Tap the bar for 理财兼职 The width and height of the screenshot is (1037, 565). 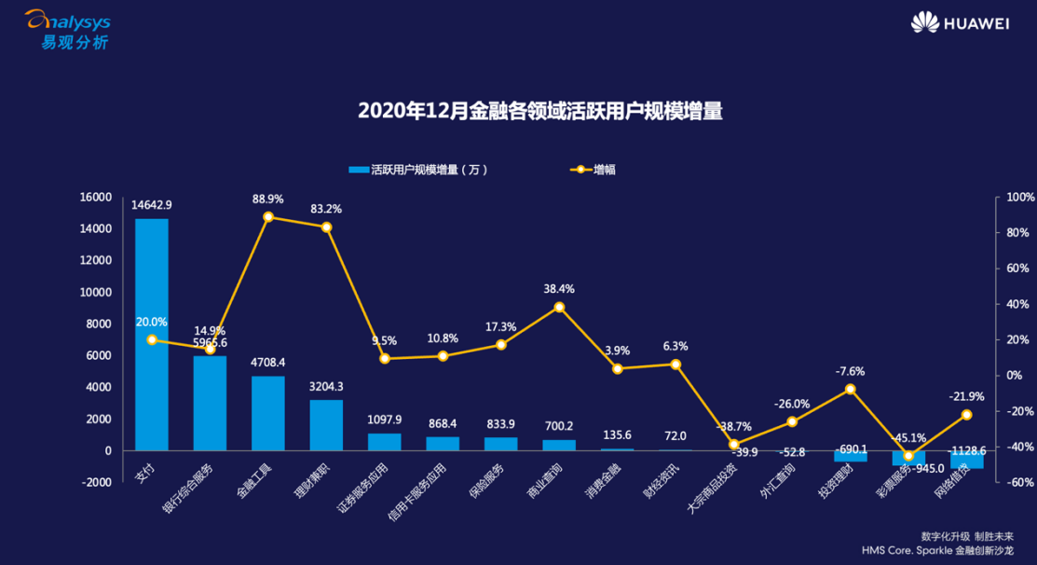click(326, 424)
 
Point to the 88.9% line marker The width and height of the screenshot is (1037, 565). click(268, 217)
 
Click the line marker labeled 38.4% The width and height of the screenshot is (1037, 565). click(559, 307)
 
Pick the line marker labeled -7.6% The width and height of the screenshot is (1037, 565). click(850, 389)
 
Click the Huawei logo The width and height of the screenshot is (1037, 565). click(960, 22)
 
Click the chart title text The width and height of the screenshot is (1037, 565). click(540, 111)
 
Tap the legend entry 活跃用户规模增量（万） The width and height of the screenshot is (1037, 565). click(419, 170)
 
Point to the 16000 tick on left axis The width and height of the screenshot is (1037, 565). click(96, 198)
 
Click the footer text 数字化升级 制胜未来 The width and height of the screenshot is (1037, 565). click(964, 537)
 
